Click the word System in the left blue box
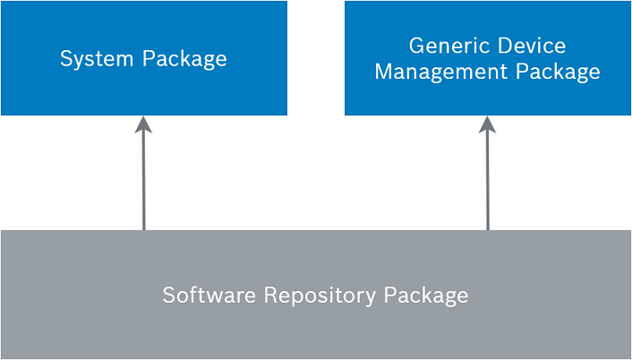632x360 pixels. [97, 59]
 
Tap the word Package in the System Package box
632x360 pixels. [184, 59]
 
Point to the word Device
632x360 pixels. [532, 46]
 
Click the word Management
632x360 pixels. [441, 72]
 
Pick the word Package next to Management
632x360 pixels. [558, 72]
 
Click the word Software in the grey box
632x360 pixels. [209, 295]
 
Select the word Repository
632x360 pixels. [320, 296]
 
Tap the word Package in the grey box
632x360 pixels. [425, 296]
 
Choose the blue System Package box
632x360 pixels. [144, 58]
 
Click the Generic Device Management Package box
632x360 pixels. [488, 58]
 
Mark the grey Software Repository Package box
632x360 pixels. [316, 295]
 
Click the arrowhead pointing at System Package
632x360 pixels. [143, 124]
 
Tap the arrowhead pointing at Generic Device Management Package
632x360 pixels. [487, 124]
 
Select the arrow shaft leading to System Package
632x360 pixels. [144, 182]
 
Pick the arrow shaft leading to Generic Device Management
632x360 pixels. [488, 182]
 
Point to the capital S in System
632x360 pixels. [66, 58]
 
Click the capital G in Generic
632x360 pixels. [417, 46]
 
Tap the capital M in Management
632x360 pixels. [385, 72]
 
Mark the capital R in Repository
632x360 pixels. [271, 295]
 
